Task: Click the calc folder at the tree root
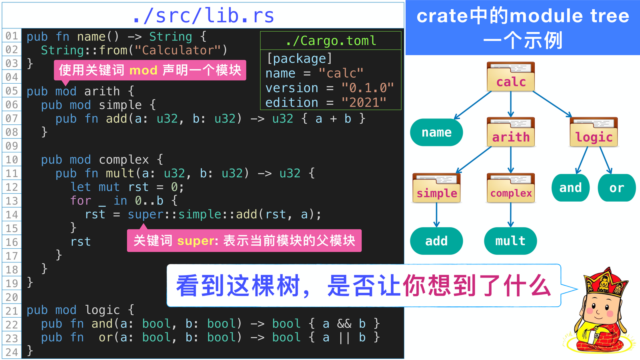tap(510, 76)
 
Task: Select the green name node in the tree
tap(436, 132)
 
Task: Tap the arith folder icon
tap(510, 132)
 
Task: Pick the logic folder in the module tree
tap(594, 132)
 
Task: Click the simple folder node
tap(436, 188)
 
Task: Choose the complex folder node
tap(510, 188)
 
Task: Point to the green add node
tap(436, 241)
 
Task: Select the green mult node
tap(510, 241)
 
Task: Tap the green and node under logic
tap(570, 188)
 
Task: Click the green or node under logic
tap(616, 188)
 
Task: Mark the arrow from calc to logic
tap(552, 104)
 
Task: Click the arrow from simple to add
tap(436, 215)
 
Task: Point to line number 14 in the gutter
tap(12, 214)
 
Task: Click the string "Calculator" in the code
tap(178, 50)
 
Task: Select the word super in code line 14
tap(146, 214)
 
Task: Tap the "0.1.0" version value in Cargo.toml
tap(368, 88)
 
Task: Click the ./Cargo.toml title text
tap(331, 40)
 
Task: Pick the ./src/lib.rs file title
tap(203, 16)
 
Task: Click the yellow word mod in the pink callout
tap(144, 70)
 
